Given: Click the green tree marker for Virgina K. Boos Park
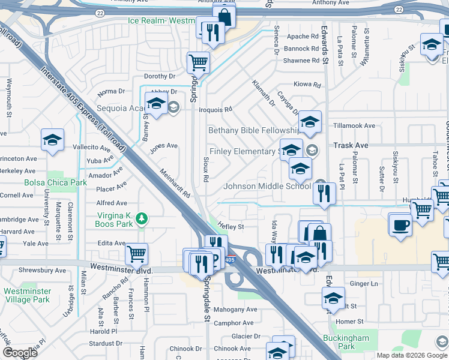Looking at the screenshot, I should (142, 218).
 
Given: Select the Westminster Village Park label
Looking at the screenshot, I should (27, 295).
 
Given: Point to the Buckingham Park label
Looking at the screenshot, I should (346, 342).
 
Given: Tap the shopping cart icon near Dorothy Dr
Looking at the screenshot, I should (198, 61).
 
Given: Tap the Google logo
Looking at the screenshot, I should (20, 352).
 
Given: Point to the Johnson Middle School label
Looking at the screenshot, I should (267, 186).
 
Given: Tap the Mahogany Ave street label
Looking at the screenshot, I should (235, 310).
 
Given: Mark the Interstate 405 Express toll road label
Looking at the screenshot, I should (84, 109).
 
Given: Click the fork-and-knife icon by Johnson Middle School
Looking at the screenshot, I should (324, 193).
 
